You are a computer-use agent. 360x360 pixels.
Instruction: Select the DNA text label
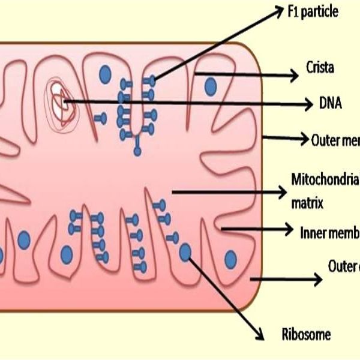pos(331,104)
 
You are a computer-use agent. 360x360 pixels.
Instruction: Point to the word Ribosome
pos(305,335)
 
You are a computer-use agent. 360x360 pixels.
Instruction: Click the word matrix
pos(308,203)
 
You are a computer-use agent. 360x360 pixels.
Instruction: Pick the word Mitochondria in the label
pos(325,179)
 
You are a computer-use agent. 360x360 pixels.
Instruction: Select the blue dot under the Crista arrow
pos(209,87)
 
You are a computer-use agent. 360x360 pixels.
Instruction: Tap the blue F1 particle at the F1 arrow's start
pos(153,79)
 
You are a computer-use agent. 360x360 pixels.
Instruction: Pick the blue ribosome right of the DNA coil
pos(105,74)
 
